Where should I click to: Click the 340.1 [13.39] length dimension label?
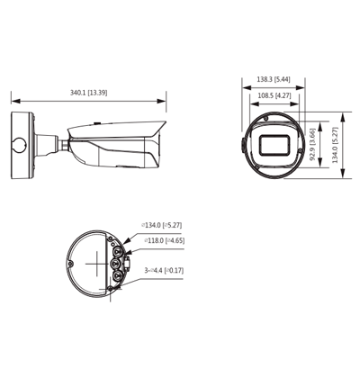pyautogui.click(x=88, y=93)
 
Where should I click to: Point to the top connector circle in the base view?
pyautogui.click(x=114, y=241)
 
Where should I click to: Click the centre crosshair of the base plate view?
pyautogui.click(x=95, y=260)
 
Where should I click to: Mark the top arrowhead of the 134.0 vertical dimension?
pyautogui.click(x=346, y=114)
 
